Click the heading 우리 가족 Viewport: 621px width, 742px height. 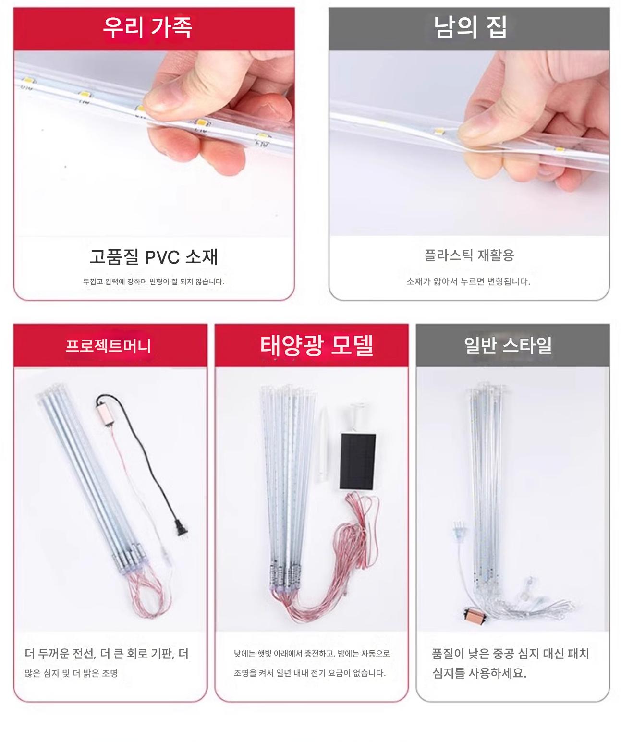147,27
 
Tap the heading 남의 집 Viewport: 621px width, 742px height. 470,27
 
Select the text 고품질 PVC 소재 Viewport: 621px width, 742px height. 154,256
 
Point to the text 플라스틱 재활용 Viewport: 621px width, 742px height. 469,255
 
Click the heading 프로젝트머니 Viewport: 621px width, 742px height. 109,346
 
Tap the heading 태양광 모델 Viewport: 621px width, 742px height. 317,345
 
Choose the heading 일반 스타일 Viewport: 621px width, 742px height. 508,345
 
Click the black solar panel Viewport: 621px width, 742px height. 358,461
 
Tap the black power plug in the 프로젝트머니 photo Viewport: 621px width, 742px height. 180,526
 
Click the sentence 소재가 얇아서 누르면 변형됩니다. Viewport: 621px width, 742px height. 468,282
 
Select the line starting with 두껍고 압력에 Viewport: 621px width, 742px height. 154,281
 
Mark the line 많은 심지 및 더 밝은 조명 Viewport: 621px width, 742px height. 71,673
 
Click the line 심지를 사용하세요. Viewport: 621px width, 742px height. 479,673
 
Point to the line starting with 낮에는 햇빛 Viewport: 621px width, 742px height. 312,653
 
